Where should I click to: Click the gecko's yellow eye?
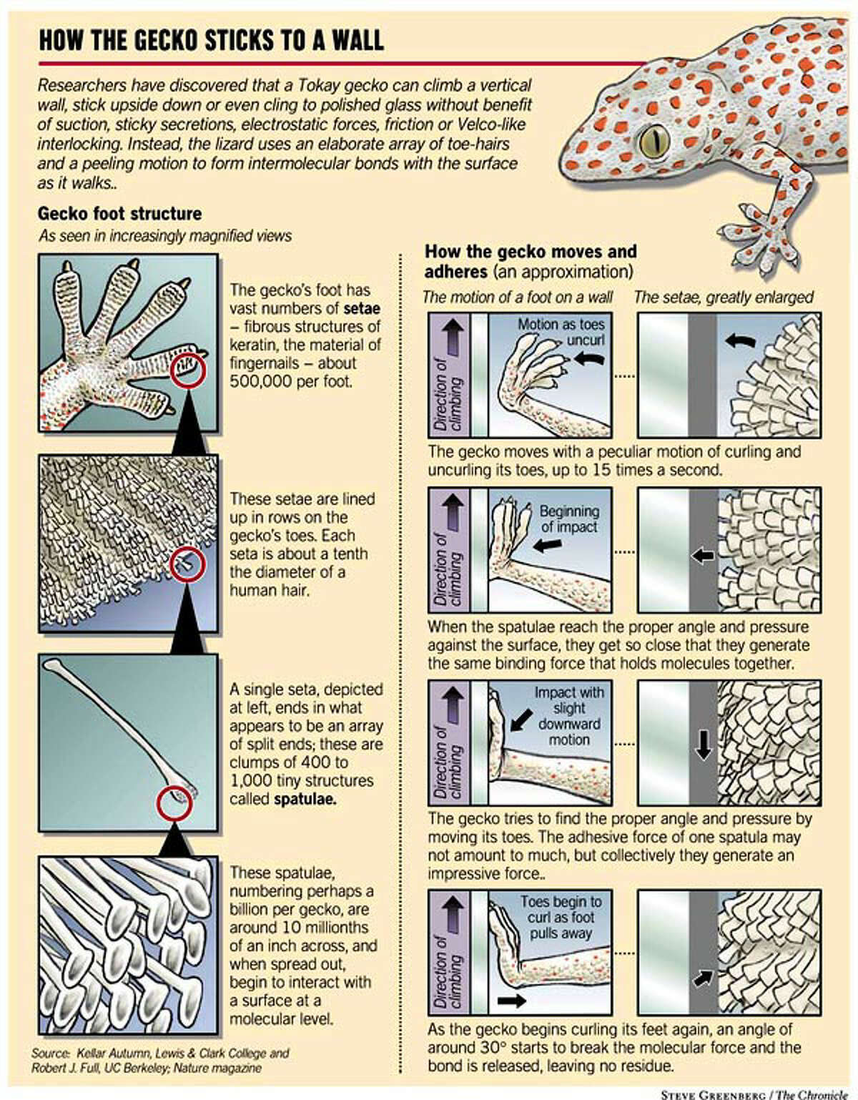click(x=654, y=141)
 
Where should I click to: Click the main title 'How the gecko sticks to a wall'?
click(x=211, y=40)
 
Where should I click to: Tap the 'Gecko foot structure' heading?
click(x=119, y=213)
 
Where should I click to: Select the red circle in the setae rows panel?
click(x=187, y=564)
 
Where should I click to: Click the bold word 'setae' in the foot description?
click(x=361, y=308)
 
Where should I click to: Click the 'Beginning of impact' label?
click(x=569, y=519)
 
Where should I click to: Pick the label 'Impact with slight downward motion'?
click(x=568, y=716)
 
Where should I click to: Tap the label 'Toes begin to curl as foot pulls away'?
click(x=561, y=917)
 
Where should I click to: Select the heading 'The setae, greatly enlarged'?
click(x=724, y=297)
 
